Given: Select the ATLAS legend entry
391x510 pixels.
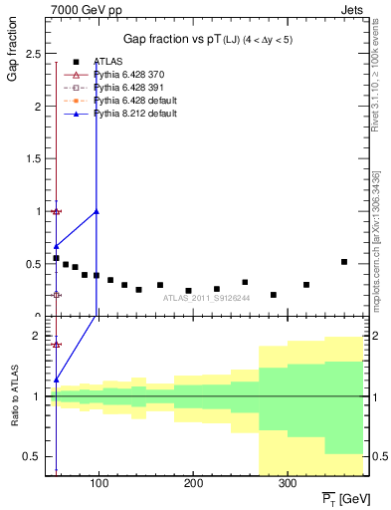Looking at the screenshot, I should [x=106, y=63].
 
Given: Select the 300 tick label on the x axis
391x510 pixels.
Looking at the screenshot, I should [x=288, y=482].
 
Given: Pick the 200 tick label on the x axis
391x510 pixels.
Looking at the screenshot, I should [x=193, y=482].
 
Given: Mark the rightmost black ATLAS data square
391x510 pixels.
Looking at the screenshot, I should [x=344, y=262].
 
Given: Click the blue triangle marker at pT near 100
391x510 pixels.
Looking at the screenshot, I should [x=97, y=211].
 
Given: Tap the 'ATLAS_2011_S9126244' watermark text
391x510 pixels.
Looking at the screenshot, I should [x=207, y=297].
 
